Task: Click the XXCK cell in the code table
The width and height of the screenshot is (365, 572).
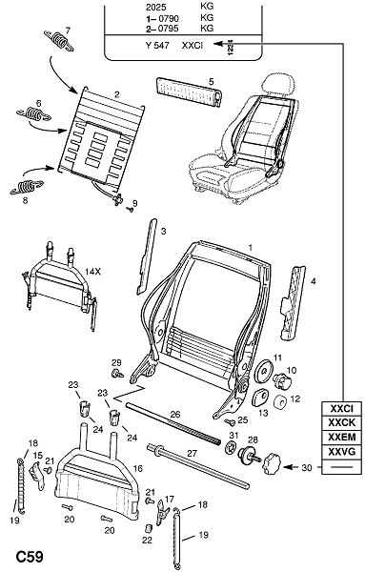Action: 342,422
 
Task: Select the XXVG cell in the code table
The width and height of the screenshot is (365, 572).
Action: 342,452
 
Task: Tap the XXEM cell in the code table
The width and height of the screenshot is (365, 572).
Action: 342,437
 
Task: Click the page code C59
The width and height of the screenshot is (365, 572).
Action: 30,557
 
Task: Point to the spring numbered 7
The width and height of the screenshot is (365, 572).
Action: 59,39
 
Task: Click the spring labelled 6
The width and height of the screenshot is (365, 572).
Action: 33,113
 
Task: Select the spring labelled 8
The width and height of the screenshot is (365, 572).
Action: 27,187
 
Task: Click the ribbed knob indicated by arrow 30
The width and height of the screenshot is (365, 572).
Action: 273,463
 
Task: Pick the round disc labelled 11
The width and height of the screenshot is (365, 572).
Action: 263,372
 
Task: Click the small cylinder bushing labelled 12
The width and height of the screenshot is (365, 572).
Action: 281,402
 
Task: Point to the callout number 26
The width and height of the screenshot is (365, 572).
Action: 175,415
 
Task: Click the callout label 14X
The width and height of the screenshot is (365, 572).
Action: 92,272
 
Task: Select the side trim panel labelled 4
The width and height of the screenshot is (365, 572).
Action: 294,302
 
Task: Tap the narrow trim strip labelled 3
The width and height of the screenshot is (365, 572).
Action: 147,256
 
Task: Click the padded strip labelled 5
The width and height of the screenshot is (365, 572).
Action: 190,92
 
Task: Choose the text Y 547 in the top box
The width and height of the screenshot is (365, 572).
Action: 157,46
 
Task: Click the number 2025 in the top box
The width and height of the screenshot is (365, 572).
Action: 155,7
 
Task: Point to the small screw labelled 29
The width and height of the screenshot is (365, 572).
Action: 117,373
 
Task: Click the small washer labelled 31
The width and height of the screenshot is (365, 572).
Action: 230,447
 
